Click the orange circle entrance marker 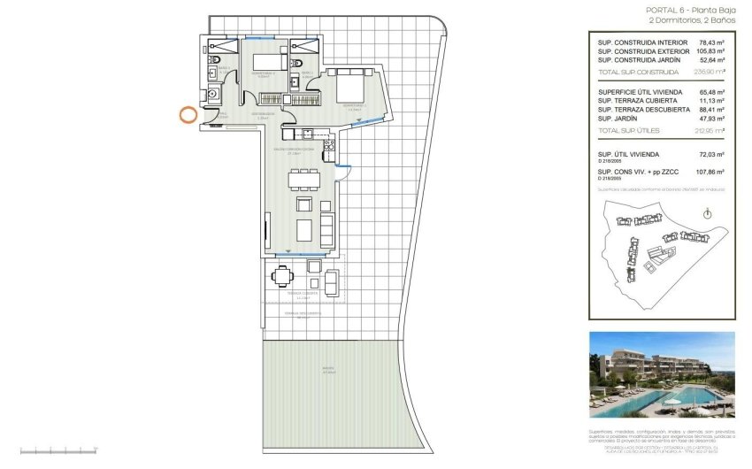(x=188, y=114)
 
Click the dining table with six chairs (x=303, y=180)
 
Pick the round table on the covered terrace (x=281, y=277)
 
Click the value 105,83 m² (x=708, y=51)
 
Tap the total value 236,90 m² (x=709, y=73)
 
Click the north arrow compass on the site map (x=706, y=213)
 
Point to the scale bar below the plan (x=52, y=451)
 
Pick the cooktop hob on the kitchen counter (x=306, y=134)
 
